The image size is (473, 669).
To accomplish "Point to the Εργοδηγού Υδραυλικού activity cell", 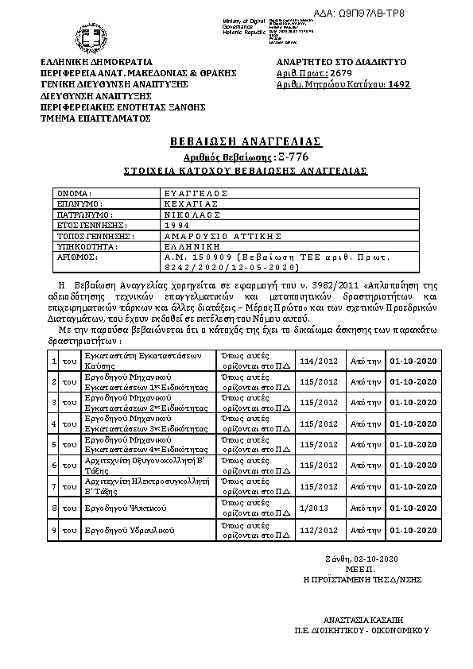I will [x=120, y=529].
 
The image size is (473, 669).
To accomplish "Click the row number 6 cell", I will [x=53, y=465].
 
